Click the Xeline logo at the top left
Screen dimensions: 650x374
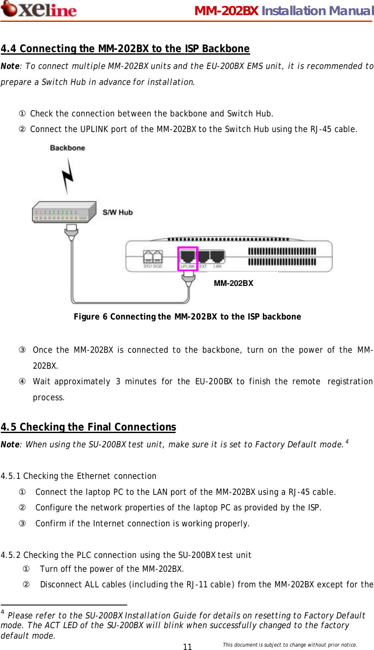39,9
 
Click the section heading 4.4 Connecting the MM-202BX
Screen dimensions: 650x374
125,49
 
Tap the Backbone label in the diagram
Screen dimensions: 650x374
67,148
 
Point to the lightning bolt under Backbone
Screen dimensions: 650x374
68,176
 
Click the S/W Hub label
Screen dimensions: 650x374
118,212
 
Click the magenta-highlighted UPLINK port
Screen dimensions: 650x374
188,258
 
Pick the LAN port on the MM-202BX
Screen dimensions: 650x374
217,257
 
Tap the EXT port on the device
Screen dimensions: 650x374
203,257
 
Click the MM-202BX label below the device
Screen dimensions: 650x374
233,283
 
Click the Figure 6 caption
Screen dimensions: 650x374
187,317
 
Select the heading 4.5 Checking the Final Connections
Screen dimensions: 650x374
88,427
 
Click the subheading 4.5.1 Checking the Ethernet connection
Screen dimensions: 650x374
78,476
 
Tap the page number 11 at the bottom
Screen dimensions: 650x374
187,647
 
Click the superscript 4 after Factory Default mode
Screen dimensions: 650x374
347,441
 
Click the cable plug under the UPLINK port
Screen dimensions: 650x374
188,279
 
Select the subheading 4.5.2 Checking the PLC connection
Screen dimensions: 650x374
126,555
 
